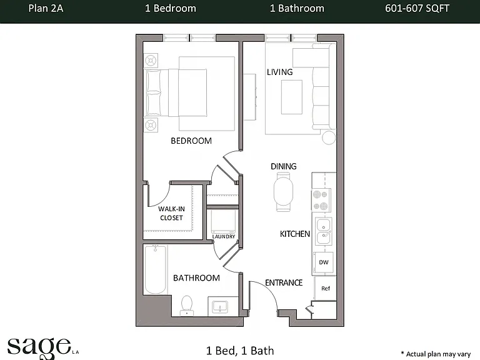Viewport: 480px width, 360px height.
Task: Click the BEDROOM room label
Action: tap(191, 141)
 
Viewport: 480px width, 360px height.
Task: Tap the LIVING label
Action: tap(280, 72)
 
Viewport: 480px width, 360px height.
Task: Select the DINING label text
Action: tap(284, 166)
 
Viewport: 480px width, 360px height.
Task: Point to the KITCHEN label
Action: tap(295, 234)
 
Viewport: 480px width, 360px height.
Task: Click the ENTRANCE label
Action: tap(284, 283)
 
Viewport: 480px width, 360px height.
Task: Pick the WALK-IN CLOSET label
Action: tap(171, 213)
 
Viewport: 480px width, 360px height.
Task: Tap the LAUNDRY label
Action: tap(224, 237)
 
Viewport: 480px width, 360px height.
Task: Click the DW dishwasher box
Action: tap(324, 262)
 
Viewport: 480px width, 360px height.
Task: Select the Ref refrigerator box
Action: tap(326, 288)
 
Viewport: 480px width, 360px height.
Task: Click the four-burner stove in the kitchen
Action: tap(321, 200)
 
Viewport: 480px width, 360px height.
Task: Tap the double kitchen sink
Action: tap(323, 231)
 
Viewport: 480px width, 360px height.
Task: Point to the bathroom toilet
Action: tap(187, 305)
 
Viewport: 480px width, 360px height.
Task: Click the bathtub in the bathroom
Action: tap(156, 269)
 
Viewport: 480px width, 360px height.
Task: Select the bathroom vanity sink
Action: tap(220, 306)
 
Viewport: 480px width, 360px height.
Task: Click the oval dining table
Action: tap(283, 192)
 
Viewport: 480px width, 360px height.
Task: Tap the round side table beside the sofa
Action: tap(329, 137)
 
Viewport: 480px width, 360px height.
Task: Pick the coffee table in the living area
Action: tap(292, 97)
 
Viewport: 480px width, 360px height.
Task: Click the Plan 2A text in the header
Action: tap(46, 8)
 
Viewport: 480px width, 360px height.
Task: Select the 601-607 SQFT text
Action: tap(417, 8)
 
